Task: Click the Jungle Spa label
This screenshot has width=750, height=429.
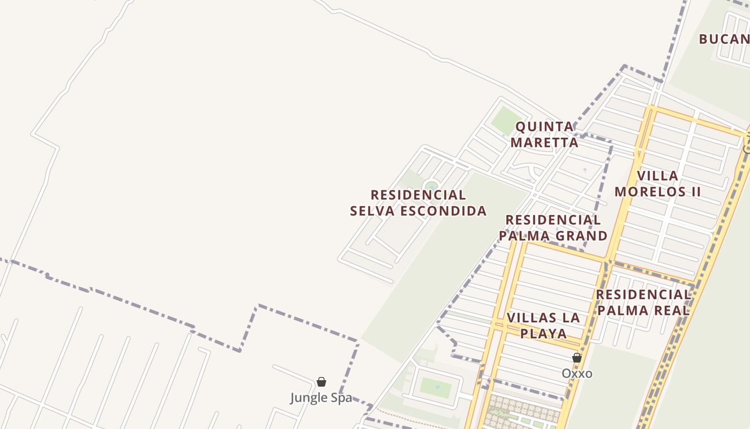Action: (321, 398)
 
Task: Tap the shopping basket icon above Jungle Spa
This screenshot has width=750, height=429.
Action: (321, 382)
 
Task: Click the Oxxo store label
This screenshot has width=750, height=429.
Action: (577, 373)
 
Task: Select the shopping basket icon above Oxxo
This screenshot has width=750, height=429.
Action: (577, 358)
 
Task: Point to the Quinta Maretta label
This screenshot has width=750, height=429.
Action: (544, 135)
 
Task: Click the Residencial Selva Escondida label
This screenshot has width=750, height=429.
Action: (418, 203)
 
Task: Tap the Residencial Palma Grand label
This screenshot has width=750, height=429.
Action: (553, 228)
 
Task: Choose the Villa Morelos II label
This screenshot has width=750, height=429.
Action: (657, 183)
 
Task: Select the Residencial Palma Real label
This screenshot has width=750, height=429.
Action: (643, 302)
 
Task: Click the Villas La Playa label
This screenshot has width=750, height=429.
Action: (543, 326)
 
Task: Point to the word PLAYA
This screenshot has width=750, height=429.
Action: (543, 334)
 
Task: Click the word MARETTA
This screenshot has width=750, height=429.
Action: (544, 143)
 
